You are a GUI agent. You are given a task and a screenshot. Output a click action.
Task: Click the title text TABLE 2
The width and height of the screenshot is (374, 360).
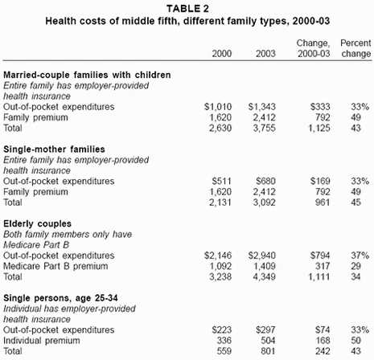[x=187, y=9]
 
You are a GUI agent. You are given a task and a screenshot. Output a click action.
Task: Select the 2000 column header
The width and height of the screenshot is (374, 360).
[x=222, y=54]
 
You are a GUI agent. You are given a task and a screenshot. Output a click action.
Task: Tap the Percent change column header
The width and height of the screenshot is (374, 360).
[x=356, y=48]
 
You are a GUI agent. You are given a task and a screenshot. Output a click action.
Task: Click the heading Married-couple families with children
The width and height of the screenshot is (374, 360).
[x=87, y=75]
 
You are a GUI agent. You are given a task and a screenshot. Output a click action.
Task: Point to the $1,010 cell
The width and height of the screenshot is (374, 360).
[x=218, y=107]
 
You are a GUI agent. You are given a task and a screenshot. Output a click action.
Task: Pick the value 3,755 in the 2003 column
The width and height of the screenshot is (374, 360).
[x=265, y=128]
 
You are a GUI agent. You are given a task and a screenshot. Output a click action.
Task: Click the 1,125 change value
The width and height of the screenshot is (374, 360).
[x=319, y=128]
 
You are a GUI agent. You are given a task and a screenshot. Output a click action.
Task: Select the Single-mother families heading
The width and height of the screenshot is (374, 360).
[x=54, y=149]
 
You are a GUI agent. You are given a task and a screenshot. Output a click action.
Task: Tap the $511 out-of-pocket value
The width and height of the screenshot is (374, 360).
[x=221, y=182]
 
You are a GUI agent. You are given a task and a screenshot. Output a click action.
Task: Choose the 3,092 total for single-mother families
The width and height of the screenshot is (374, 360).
[x=265, y=202]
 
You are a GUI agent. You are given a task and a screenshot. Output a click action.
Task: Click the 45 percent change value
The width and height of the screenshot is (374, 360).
[x=356, y=202]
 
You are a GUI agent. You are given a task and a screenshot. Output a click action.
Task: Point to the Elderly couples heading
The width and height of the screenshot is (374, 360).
[x=37, y=223]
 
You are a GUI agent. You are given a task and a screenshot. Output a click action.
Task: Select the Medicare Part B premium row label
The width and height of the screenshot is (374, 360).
[x=55, y=266]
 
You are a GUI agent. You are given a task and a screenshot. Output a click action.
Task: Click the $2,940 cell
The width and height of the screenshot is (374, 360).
[x=262, y=256]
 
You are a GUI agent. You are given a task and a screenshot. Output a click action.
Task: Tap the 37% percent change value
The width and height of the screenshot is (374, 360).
[x=360, y=256]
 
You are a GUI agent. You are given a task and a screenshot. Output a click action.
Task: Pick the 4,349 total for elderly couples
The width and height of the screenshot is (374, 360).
[x=265, y=276]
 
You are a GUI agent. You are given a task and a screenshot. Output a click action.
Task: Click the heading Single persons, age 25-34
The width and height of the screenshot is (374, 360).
[x=60, y=298]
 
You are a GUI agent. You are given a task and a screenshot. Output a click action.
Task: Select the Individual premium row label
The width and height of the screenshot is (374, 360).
[x=42, y=341]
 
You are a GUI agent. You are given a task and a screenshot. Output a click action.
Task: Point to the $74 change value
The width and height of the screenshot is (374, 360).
[x=323, y=330]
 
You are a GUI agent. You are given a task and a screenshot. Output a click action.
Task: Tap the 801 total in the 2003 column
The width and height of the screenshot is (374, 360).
[x=268, y=351]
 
